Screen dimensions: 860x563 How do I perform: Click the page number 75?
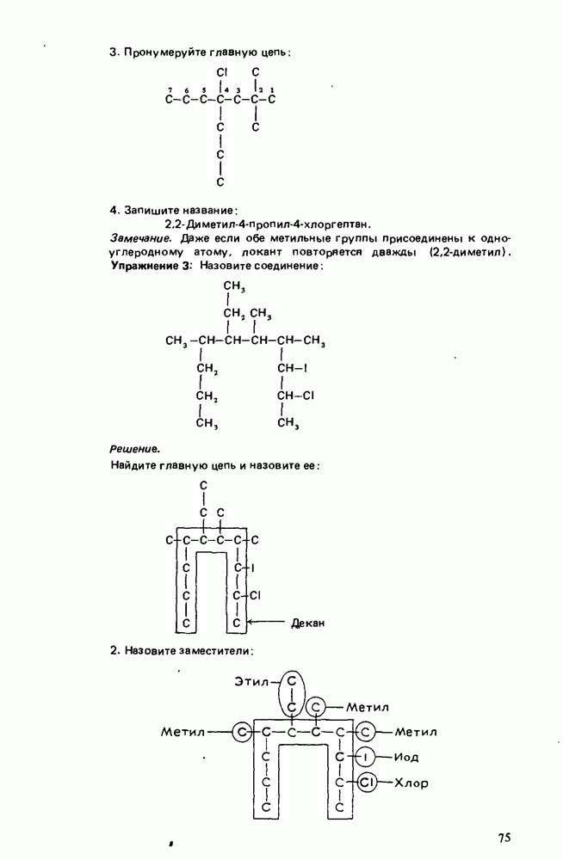(504, 838)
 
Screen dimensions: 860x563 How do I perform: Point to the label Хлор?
(411, 783)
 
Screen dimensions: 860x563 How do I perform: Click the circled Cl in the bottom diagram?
(366, 783)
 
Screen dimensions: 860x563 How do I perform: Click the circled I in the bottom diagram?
(365, 757)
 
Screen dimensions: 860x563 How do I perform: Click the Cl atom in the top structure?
(221, 71)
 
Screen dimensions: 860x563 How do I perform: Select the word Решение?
(135, 448)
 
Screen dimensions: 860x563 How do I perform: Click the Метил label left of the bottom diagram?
(183, 732)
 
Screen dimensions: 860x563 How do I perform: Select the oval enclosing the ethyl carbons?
(293, 693)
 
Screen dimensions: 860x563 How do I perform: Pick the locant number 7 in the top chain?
(170, 89)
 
